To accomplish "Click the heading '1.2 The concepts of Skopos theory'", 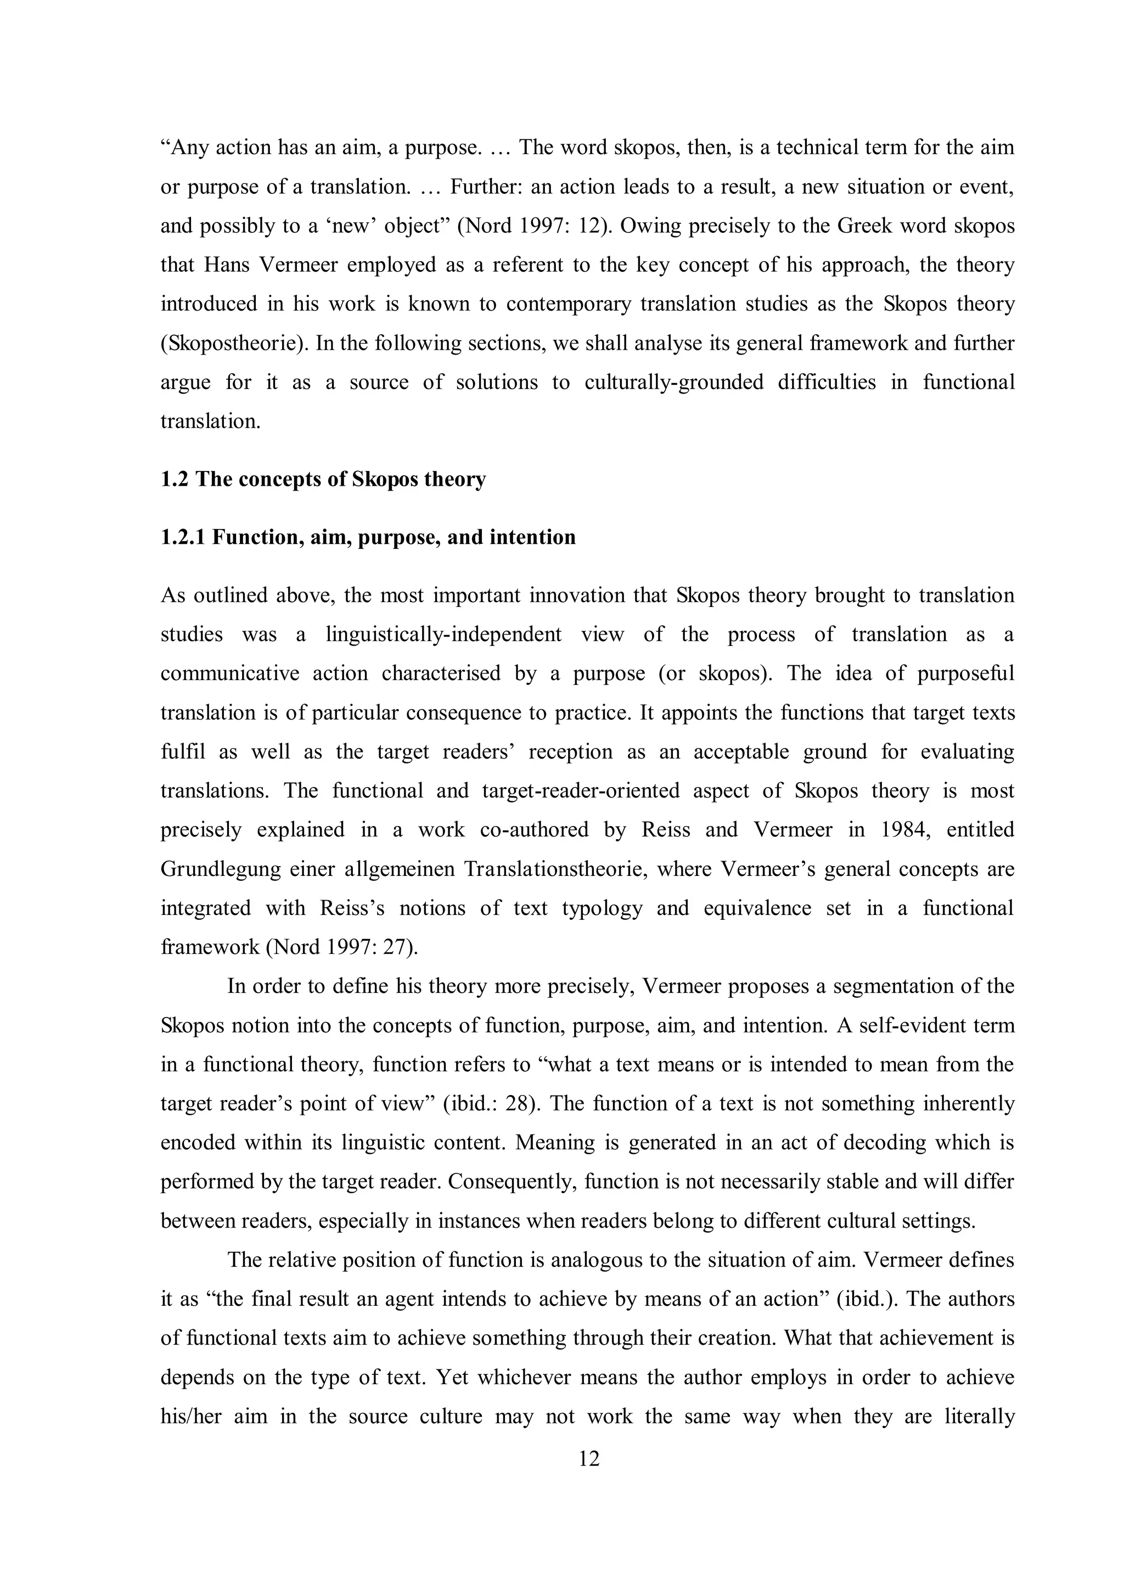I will coord(323,479).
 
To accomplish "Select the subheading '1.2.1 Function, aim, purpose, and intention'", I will coord(368,537).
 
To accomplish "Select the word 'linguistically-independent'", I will coord(443,634).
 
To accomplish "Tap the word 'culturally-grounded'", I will coord(673,382).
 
